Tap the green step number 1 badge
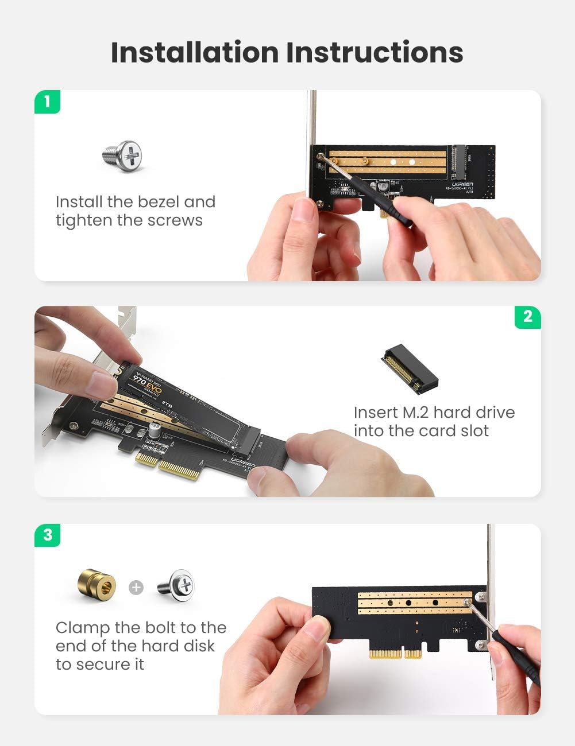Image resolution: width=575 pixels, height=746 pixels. click(47, 102)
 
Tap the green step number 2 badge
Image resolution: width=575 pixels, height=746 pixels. click(527, 317)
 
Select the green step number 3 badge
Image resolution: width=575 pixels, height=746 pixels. click(47, 535)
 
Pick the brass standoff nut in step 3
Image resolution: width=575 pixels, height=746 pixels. click(97, 585)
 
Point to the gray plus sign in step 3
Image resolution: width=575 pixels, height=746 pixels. click(136, 588)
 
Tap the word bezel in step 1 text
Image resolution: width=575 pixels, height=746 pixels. click(158, 202)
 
